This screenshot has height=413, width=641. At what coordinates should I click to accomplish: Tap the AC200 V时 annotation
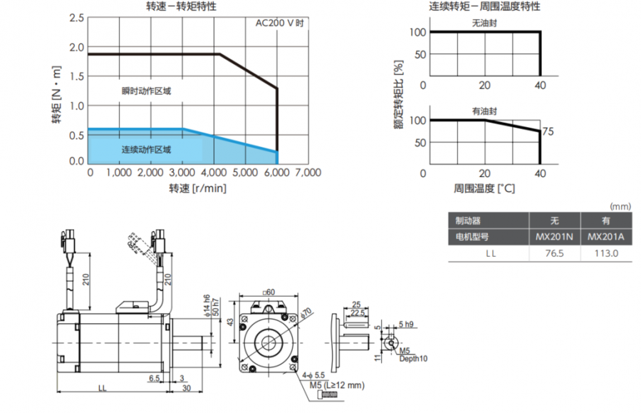click(280, 23)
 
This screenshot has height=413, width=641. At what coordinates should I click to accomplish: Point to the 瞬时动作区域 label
click(146, 91)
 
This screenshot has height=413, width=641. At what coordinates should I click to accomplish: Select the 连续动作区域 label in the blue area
click(146, 150)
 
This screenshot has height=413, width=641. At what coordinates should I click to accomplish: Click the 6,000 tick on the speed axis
click(276, 173)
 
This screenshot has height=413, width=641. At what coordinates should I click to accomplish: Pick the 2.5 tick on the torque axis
click(76, 17)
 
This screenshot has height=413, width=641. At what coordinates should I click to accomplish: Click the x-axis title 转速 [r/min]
click(197, 188)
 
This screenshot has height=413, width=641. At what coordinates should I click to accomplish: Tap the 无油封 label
click(484, 23)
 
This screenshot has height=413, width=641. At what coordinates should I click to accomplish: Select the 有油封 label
click(484, 111)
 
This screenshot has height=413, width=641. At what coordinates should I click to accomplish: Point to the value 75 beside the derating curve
click(548, 131)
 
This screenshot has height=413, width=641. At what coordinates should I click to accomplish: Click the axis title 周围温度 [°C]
click(484, 188)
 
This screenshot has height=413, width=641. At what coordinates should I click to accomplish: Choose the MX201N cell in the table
click(553, 237)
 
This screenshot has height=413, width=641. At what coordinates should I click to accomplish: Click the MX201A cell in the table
click(606, 237)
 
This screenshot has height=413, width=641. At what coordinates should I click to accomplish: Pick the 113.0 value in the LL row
click(606, 253)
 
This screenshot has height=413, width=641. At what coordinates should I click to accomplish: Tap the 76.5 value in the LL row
click(553, 253)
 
